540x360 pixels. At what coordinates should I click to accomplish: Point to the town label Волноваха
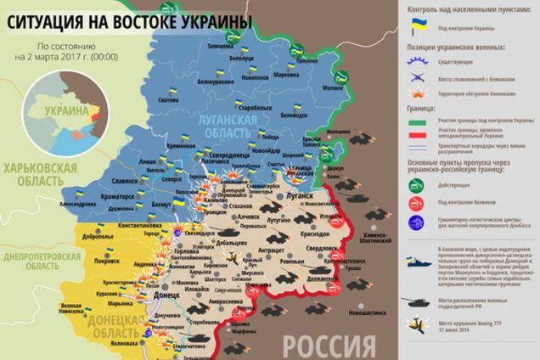click(125, 344)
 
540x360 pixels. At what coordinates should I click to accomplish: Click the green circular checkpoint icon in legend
click(417, 185)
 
